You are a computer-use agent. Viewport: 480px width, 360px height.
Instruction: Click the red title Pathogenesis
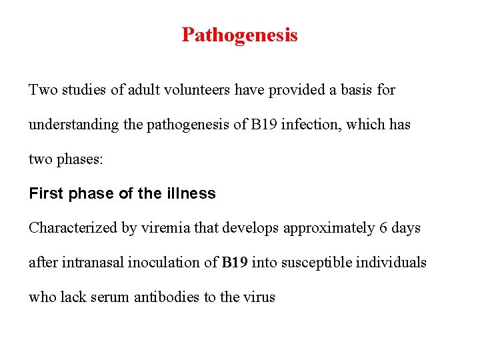(x=239, y=35)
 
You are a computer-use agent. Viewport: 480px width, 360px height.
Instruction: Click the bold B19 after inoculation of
(x=235, y=263)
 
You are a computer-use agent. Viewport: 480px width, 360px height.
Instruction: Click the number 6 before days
(x=383, y=228)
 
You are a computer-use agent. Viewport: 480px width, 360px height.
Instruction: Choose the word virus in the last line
(x=258, y=297)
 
